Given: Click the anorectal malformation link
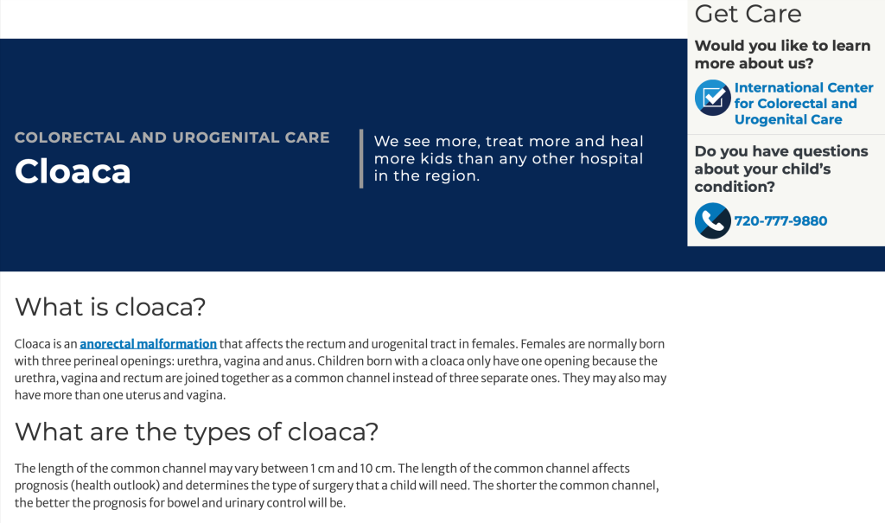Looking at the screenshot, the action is [x=148, y=344].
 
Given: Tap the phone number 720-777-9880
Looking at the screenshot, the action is [x=780, y=220].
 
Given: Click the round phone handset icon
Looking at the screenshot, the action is [x=713, y=220].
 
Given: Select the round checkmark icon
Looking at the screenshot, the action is [x=713, y=98].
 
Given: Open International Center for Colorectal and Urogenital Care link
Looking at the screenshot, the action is [x=803, y=104].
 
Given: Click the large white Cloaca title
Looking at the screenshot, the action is [x=73, y=171].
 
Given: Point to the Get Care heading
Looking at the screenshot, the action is [x=748, y=14].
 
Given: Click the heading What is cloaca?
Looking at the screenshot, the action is [x=110, y=307].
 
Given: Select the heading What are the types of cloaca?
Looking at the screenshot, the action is [x=196, y=432].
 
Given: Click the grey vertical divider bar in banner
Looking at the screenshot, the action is [x=361, y=159].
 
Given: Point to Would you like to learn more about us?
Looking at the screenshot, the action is [x=782, y=54].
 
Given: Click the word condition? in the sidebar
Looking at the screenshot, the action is [x=735, y=187].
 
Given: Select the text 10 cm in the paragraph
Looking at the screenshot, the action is [x=377, y=469].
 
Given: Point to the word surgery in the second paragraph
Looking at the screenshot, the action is [x=334, y=487].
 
